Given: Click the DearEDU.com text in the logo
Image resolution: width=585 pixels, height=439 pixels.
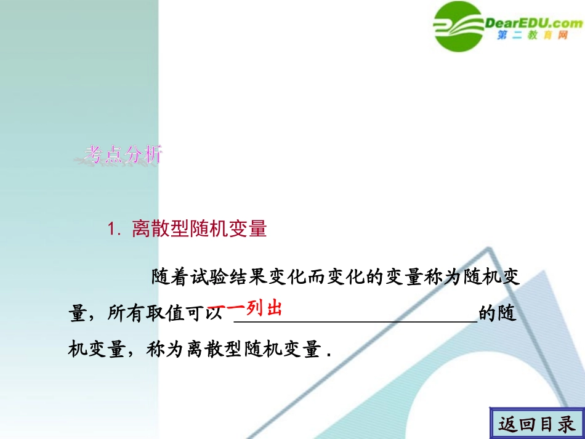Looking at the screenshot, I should click(x=533, y=23).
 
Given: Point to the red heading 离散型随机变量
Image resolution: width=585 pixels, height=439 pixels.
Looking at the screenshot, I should click(x=199, y=229).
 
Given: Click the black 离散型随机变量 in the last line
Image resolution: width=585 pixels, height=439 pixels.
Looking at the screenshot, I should click(x=254, y=350).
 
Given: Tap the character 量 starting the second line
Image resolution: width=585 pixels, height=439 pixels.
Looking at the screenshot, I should click(x=76, y=314).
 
